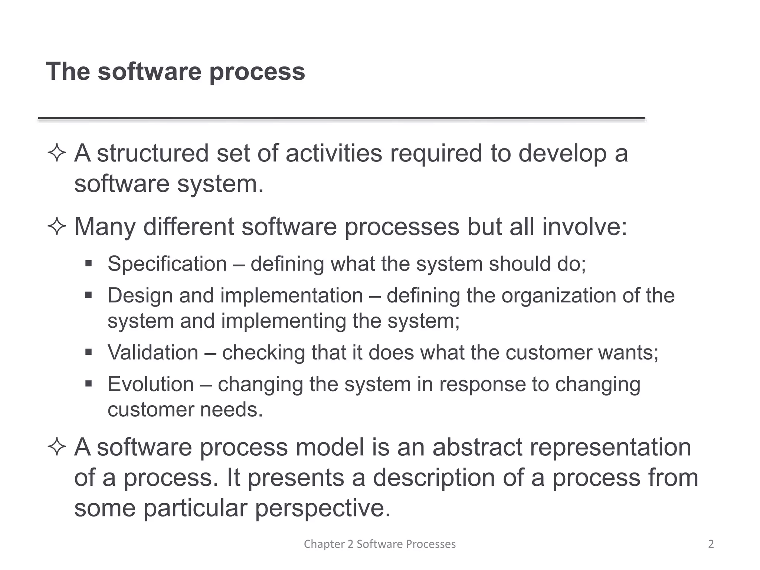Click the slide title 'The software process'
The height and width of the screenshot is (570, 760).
175,71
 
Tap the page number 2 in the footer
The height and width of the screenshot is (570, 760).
711,544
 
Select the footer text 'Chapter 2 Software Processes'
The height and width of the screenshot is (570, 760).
380,544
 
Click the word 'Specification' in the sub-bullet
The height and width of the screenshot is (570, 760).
167,264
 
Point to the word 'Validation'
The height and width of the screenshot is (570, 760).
153,353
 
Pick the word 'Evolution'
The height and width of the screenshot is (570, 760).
151,384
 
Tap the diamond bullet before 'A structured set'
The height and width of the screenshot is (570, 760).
57,153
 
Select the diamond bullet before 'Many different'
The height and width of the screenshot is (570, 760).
57,226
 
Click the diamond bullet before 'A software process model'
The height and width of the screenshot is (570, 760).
57,447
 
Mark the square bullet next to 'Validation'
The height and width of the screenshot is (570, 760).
88,352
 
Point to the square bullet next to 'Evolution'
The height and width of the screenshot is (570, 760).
88,383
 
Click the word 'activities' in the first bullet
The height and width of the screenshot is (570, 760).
334,153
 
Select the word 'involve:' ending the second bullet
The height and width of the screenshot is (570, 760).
584,226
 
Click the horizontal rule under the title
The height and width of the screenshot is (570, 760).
341,118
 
